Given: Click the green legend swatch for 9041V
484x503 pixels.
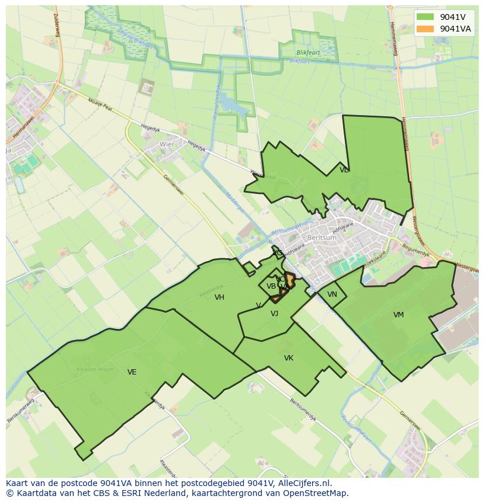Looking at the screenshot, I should pos(426,18).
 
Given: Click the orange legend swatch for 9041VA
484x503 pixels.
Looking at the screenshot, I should pos(426,29).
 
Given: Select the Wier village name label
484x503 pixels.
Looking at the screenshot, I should pos(167,144).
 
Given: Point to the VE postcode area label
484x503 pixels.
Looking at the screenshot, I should pos(132,372).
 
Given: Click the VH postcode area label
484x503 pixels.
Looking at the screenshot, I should pos(219,297).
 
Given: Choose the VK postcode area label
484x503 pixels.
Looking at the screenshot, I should pos(289,358).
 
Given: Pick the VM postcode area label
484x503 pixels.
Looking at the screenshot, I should pos(399,315).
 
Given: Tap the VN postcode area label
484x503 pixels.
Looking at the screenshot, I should pos(332,294).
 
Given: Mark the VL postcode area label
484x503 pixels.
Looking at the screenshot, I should pos(344,170).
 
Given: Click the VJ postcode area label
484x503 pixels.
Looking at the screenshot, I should pos(274,314).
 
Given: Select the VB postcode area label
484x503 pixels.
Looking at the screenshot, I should pos(271,286).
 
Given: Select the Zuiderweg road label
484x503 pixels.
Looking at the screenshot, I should pos(57,24).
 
